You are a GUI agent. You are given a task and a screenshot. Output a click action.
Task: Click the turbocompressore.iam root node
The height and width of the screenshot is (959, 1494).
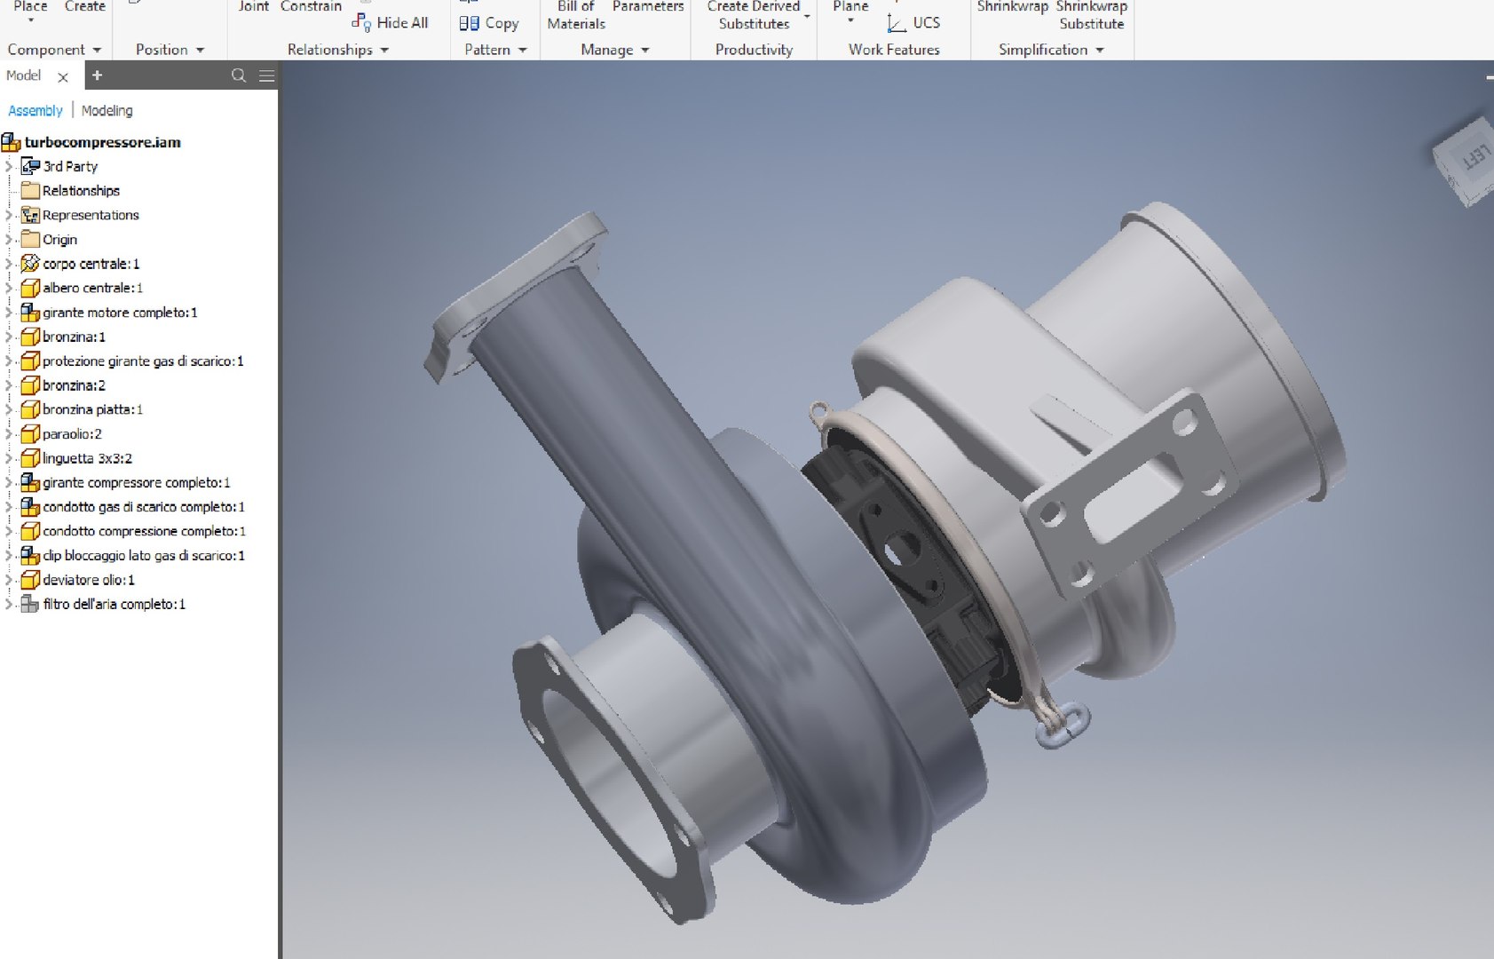(x=101, y=142)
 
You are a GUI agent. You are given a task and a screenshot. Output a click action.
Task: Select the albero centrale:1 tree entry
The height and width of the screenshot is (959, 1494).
(x=91, y=288)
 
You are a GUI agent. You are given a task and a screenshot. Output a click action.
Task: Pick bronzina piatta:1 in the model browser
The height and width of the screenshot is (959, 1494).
(x=91, y=409)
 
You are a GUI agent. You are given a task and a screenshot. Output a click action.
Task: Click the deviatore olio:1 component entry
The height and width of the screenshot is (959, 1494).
(x=88, y=580)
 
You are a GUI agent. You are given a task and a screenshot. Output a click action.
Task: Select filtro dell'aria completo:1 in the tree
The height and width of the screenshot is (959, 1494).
(x=113, y=604)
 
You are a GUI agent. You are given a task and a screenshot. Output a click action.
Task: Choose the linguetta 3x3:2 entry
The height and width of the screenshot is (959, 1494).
(x=86, y=458)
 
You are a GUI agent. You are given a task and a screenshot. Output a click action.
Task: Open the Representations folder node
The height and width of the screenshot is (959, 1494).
(x=90, y=215)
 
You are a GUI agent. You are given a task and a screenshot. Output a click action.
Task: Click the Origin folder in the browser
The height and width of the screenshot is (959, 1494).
(x=59, y=240)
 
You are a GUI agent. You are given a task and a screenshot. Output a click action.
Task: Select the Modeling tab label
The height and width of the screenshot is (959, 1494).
(x=107, y=111)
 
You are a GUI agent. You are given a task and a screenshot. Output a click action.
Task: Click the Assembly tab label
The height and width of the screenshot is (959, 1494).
(x=36, y=111)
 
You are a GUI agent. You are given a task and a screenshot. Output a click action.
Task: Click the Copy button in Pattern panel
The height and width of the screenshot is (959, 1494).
(x=489, y=24)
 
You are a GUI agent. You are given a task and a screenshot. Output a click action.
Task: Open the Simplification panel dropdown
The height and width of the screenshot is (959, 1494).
(x=1099, y=50)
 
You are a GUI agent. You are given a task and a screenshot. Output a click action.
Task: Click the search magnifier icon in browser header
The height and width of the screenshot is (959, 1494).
(x=239, y=75)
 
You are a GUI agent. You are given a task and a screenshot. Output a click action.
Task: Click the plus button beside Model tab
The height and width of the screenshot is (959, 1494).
(x=98, y=75)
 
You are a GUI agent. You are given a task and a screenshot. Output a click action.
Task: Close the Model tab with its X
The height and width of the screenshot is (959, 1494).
(x=63, y=77)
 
